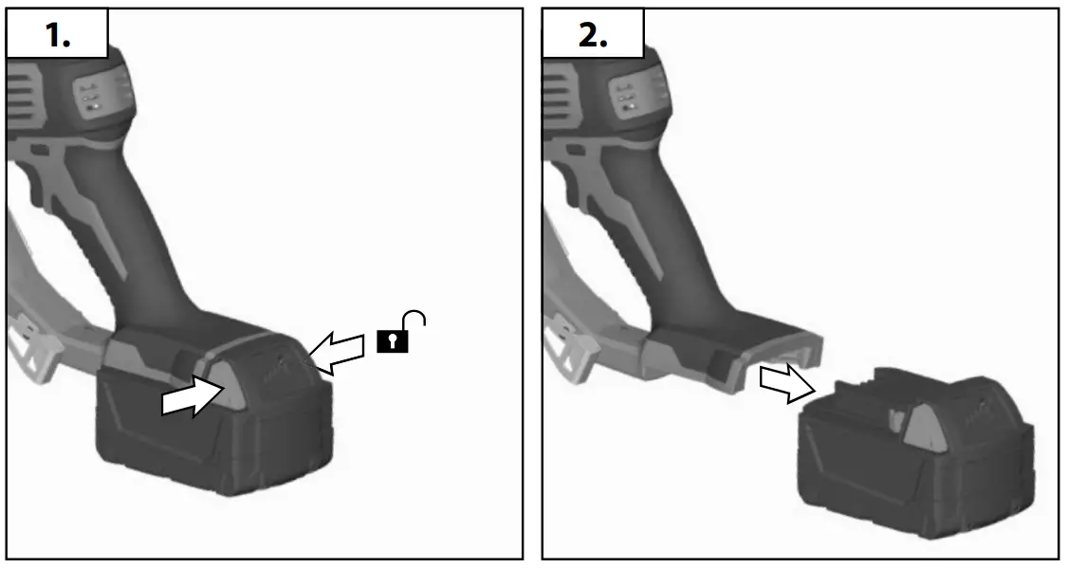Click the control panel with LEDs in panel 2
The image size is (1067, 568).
click(627, 95)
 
